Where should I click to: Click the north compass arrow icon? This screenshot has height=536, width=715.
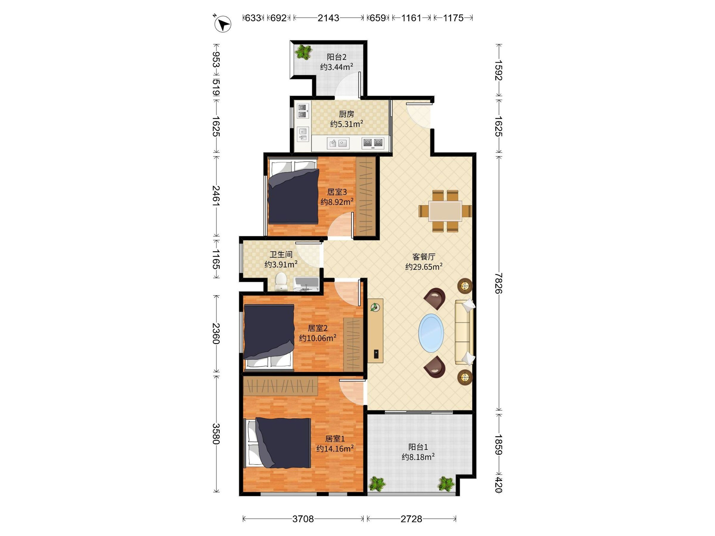point(223,24)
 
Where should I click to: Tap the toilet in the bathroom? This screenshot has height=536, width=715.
point(281,282)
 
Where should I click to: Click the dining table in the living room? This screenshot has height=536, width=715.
point(445,211)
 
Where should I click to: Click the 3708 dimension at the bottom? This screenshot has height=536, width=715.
point(303,519)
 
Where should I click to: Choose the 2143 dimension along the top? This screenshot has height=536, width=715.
point(328,18)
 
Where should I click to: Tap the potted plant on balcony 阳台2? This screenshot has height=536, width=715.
point(304,52)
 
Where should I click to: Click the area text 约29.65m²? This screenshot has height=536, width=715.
point(424,267)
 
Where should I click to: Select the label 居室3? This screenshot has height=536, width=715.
point(337,192)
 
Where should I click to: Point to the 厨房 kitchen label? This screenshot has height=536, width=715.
point(346,114)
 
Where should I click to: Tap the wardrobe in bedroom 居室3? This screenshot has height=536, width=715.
point(366,196)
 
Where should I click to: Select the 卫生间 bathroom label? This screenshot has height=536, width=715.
point(281,255)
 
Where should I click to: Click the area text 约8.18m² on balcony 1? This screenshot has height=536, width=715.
point(418,457)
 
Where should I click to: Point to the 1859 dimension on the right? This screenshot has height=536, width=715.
point(499,445)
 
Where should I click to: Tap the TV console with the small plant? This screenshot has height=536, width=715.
point(375,331)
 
